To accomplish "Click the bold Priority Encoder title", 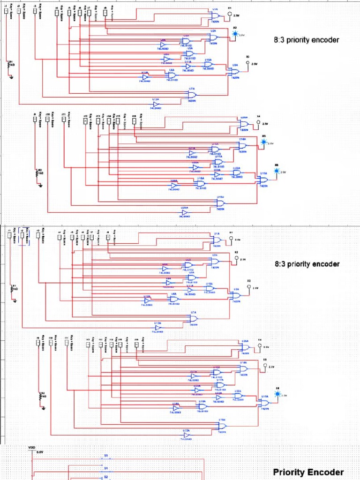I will pos(308,472).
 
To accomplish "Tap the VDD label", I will pos(31,448).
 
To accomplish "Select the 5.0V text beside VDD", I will pos(40,452).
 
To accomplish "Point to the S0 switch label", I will pos(106,456).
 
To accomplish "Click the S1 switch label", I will pos(106,468).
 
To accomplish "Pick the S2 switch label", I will pos(106,477).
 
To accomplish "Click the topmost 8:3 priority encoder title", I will pos(306,40).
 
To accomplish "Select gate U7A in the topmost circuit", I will pos(192,95).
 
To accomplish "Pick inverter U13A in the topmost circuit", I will pos(156,105).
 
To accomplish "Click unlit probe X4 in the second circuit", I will pos(258,123).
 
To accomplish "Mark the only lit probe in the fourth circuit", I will pos(277,394).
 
